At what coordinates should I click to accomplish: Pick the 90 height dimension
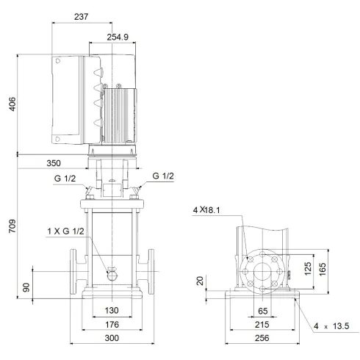click(x=26, y=287)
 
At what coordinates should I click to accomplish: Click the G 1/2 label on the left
click(x=62, y=177)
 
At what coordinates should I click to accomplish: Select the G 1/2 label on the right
click(x=164, y=176)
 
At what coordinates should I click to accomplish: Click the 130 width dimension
click(x=112, y=310)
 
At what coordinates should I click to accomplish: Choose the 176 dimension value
click(x=112, y=324)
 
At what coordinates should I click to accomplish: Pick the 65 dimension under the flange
click(x=262, y=311)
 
